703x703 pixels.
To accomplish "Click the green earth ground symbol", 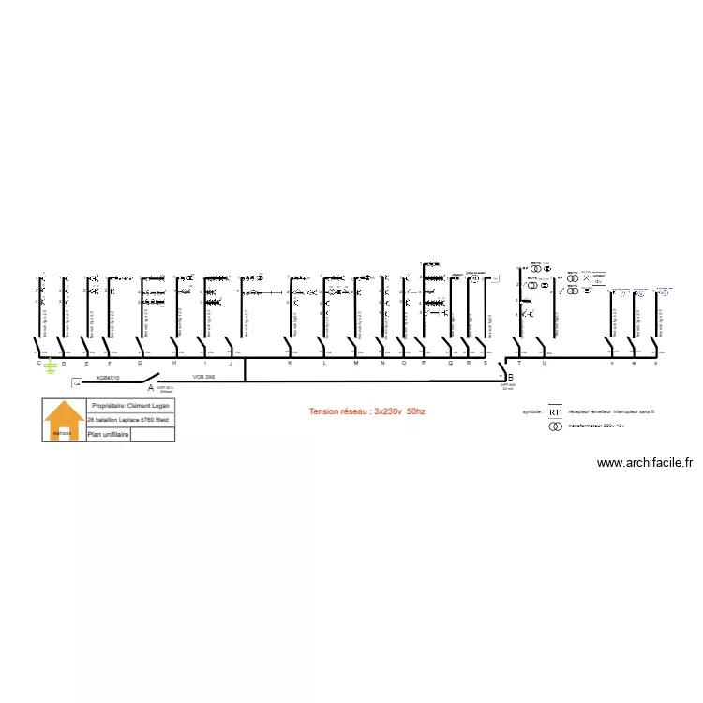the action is (x=51, y=367).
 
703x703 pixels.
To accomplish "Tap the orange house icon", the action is (x=65, y=419).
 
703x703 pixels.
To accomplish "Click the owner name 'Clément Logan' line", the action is (x=130, y=406).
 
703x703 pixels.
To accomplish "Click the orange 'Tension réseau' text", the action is (x=367, y=411).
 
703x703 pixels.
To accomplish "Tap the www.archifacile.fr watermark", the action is (x=644, y=462).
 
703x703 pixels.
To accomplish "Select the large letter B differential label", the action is (x=510, y=377).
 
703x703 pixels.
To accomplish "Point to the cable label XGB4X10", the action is (x=109, y=378).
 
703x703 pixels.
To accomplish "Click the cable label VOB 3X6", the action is (x=204, y=377).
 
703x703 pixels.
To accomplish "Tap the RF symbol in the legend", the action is (x=554, y=411).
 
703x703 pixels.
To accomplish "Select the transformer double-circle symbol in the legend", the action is (x=554, y=426).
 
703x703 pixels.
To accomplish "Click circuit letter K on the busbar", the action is (x=290, y=363).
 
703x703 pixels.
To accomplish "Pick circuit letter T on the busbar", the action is (x=519, y=363).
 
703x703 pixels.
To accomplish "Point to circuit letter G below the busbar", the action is (x=140, y=363).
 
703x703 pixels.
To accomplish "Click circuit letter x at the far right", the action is (x=655, y=363).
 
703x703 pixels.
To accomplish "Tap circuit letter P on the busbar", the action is (x=423, y=363).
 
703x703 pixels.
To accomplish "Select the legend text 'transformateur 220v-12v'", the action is (x=595, y=426).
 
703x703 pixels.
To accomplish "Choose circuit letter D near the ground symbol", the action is (x=64, y=363).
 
